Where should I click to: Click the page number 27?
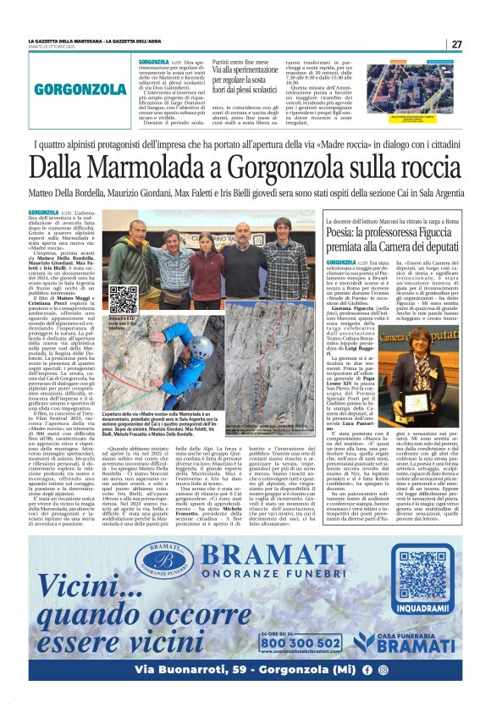pos(456,43)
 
